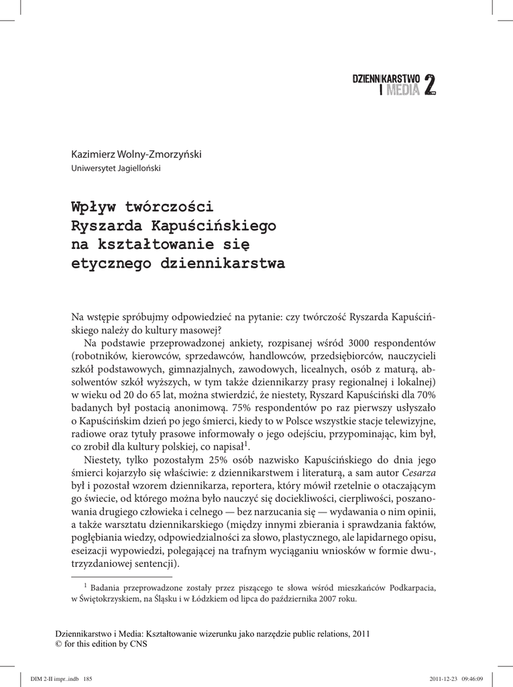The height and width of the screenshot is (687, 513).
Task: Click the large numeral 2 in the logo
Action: [x=431, y=85]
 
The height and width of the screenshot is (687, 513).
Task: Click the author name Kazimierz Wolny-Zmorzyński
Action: [x=136, y=155]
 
